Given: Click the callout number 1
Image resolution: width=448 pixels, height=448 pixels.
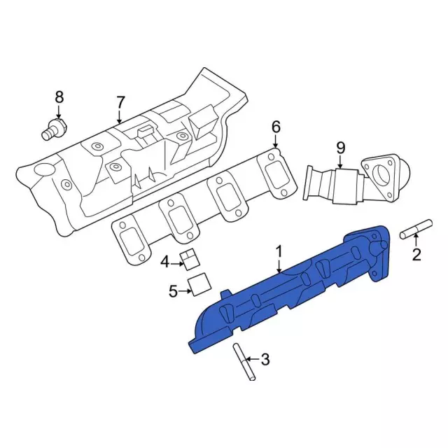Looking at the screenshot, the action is point(279,252).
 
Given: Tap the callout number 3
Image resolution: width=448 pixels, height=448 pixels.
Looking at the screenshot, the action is point(265,359).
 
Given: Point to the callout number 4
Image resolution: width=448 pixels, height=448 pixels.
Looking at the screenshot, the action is point(165,262).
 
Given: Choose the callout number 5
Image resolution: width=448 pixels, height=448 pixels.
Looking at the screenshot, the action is point(173,291).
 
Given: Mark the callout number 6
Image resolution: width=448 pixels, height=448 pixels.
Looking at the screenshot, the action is point(276,127).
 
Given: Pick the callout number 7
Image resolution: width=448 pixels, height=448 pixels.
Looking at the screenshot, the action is point(120,102).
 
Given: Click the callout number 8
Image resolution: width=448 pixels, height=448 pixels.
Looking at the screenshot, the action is point(59,97).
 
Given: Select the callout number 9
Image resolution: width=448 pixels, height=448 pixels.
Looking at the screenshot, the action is point(341,148).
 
